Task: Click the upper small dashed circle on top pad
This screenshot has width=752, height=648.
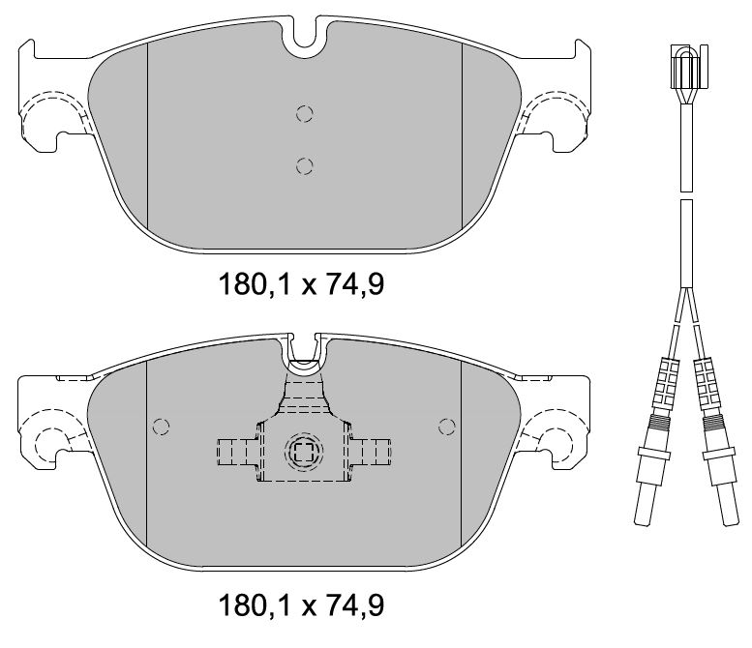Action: [305, 114]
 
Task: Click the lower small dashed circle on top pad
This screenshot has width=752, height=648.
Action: [305, 165]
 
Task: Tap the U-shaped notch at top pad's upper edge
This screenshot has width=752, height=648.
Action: [305, 36]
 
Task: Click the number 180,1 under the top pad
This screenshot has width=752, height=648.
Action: [256, 284]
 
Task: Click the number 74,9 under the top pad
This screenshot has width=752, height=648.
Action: [353, 284]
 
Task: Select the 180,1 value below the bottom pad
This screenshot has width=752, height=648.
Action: [256, 605]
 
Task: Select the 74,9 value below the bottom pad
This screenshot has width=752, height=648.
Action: [353, 605]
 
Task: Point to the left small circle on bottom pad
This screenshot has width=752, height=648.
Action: [161, 427]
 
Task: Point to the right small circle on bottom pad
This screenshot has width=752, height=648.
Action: [447, 427]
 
